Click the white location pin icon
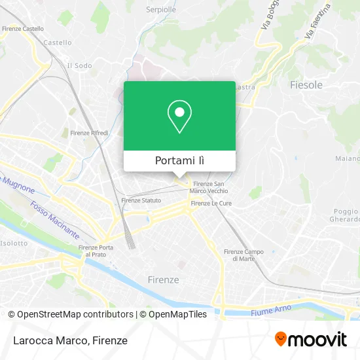click(179, 117)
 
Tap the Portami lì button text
click(179, 160)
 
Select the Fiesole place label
click(306, 85)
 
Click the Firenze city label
click(163, 279)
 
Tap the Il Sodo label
click(79, 65)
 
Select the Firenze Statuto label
click(141, 200)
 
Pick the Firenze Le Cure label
click(209, 204)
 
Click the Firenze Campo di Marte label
click(243, 255)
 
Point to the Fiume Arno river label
click(270, 312)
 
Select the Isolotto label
click(14, 243)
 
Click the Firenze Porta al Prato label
click(96, 251)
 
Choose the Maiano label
click(347, 158)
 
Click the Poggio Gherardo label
click(346, 215)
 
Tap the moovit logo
click(311, 339)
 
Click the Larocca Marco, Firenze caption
click(68, 340)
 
